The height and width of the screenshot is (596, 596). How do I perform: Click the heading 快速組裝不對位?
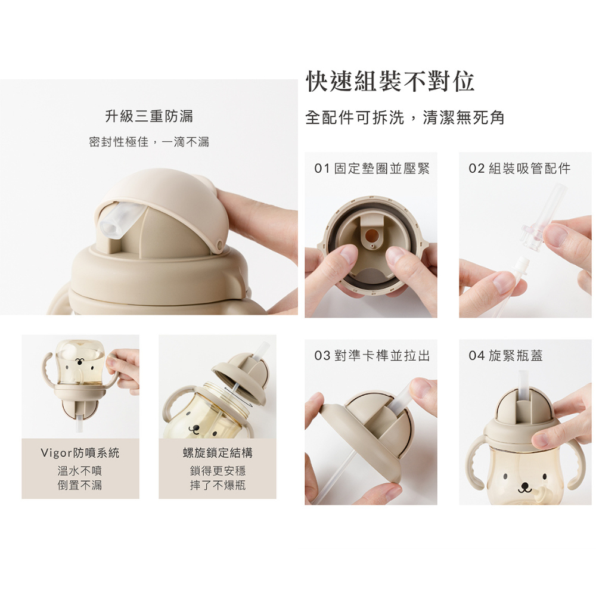click(x=390, y=81)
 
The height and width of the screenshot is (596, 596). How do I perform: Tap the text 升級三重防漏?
click(x=149, y=116)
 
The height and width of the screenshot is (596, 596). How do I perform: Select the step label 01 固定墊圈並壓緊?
click(x=372, y=168)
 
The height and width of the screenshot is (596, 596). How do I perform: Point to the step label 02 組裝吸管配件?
click(x=520, y=168)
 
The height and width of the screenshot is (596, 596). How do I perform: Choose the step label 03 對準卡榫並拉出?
click(x=372, y=356)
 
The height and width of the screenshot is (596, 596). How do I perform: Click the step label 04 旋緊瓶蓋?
click(x=505, y=356)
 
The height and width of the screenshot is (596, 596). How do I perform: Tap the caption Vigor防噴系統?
click(x=80, y=453)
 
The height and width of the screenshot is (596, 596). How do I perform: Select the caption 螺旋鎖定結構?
click(x=218, y=453)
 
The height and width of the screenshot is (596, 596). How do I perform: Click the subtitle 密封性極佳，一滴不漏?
click(x=149, y=142)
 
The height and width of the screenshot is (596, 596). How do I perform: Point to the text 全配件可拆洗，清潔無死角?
click(x=405, y=117)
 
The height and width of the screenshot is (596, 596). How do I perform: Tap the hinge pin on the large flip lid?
click(x=219, y=244)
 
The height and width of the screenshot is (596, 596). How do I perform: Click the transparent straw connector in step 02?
click(x=532, y=236)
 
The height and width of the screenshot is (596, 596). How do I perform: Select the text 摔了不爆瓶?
click(x=218, y=485)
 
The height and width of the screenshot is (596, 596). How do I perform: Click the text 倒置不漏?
click(x=80, y=485)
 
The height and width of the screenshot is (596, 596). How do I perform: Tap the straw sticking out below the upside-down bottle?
click(x=79, y=423)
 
